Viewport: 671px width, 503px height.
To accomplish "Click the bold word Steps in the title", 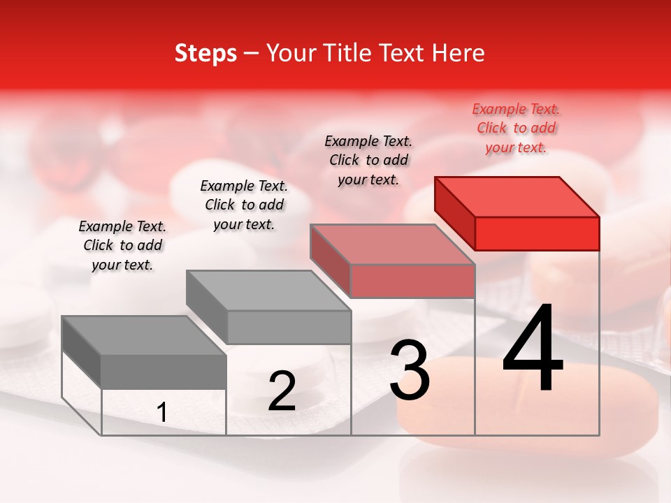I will [205, 53].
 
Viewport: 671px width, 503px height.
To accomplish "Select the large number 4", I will [533, 349].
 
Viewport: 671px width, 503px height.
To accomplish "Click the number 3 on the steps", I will [410, 370].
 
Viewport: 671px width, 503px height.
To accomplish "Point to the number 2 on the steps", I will [282, 391].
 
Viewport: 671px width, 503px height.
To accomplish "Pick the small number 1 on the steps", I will [162, 413].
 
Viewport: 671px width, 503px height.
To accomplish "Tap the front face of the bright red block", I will [537, 233].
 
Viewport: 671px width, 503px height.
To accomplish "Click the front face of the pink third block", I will [412, 281].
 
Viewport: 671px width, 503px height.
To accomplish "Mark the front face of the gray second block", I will [289, 327].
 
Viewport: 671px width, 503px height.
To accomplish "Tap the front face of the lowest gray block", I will [164, 372].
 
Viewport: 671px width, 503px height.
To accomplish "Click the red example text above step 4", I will [516, 129].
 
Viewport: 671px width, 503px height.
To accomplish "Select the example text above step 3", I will [368, 161].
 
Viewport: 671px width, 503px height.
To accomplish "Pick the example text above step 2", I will [244, 205].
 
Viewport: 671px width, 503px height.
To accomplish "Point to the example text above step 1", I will [122, 245].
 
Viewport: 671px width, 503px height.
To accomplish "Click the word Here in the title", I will [459, 53].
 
